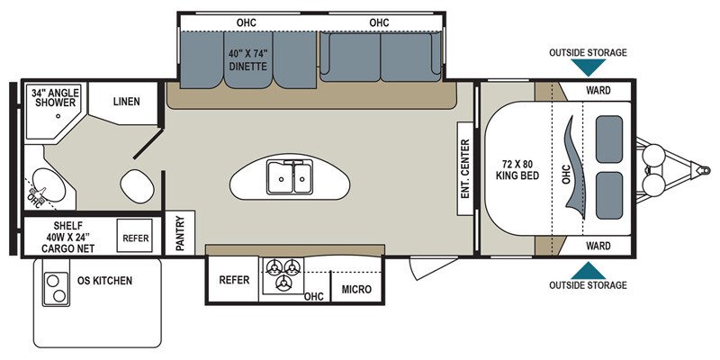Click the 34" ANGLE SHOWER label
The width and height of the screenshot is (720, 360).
coord(55,97)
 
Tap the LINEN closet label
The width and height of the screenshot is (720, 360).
coord(126,101)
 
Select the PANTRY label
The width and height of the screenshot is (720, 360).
coord(180,233)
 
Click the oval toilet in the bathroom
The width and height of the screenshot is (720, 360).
coord(137,185)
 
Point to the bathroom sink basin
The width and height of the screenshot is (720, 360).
coord(49,185)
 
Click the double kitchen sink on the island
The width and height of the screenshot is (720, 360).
coord(289,177)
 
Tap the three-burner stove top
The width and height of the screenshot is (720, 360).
coord(283,274)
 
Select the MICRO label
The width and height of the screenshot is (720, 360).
coord(356,289)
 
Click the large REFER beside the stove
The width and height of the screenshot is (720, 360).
coord(234,280)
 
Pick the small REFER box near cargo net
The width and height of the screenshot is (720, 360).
coord(135,236)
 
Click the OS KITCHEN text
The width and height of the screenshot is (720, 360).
coord(104,280)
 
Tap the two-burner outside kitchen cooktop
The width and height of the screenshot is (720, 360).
coord(56,288)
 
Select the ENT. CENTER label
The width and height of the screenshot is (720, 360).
coord(465,168)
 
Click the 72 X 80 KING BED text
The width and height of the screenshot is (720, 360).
coord(517,169)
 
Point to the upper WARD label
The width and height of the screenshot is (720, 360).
coord(598,90)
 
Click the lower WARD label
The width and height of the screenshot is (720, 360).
coord(598,246)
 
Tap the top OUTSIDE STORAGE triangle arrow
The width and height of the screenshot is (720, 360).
coord(588,67)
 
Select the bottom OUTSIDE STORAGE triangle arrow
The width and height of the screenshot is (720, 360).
coord(588,271)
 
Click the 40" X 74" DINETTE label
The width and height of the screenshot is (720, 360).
coord(248,60)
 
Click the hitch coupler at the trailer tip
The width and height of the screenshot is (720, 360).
coord(703,170)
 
